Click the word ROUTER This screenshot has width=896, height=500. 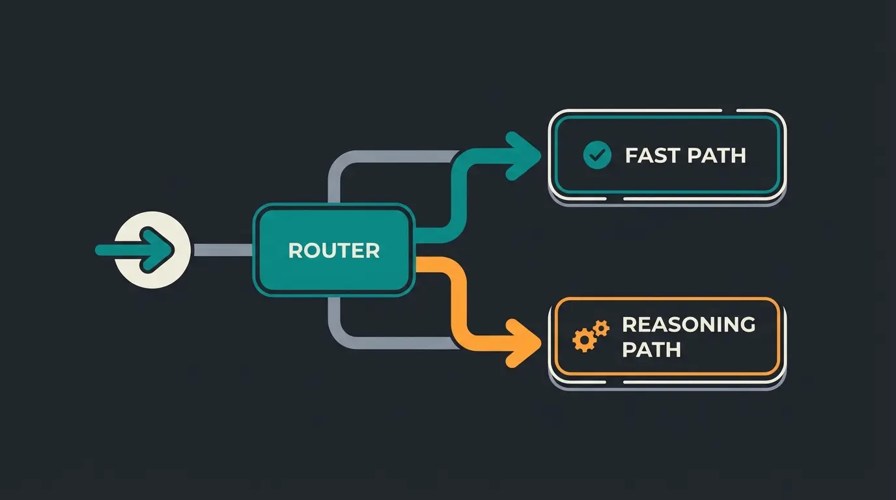click(x=333, y=251)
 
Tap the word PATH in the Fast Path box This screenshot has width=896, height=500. click(x=716, y=156)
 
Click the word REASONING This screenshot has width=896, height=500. click(x=688, y=324)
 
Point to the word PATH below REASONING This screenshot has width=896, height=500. click(x=651, y=350)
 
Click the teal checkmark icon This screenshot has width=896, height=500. click(x=597, y=156)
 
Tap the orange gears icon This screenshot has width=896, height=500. click(x=589, y=335)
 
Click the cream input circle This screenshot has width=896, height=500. click(x=152, y=250)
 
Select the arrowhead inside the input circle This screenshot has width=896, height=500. click(x=161, y=250)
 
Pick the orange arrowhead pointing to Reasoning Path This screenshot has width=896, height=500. click(x=523, y=342)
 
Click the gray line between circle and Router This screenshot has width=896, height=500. click(x=221, y=250)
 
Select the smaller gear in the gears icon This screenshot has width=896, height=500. click(x=601, y=327)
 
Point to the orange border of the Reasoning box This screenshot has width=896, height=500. click(x=667, y=299)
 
